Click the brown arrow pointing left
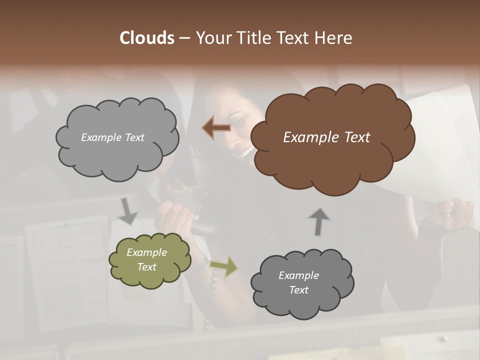coord(216,128)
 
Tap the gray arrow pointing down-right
coord(128,211)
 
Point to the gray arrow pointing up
coord(319,221)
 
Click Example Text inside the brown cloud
coord(326,137)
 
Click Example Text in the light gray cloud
coord(112,137)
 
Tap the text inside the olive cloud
coord(146,259)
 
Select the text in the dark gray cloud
coord(298,282)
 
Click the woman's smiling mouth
coord(245,151)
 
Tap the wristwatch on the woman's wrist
coord(204,260)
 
